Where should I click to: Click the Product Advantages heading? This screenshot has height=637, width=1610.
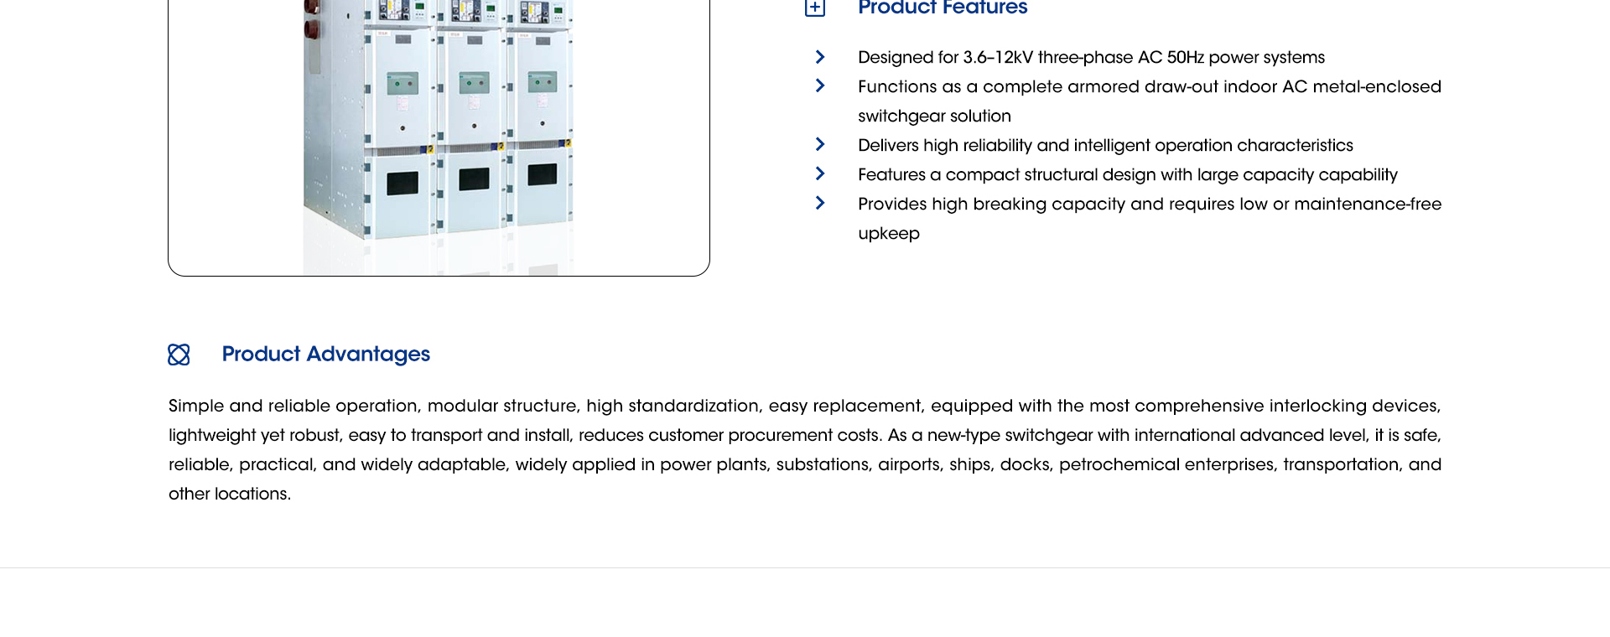pos(326,355)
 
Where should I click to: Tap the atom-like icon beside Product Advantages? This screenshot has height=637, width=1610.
pos(179,355)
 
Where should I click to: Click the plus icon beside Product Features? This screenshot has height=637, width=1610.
pos(815,8)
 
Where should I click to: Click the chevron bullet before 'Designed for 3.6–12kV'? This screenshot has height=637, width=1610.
pos(820,57)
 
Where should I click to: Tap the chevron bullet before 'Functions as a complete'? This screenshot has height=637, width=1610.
pos(820,85)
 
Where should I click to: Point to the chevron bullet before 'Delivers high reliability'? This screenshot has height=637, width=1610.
pos(820,144)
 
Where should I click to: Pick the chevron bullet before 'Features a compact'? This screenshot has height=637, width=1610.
pos(820,173)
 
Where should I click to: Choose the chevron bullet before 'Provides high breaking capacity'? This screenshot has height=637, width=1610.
pos(820,203)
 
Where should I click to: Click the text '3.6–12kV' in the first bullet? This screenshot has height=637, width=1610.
pos(998,58)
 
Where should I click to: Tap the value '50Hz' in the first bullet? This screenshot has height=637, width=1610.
pos(1185,58)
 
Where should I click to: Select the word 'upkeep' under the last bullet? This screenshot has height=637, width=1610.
pos(889,234)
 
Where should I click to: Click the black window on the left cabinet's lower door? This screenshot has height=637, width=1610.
pos(402,184)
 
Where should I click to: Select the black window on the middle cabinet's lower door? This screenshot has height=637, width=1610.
pos(474,179)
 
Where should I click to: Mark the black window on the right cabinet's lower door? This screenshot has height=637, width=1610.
pos(543,174)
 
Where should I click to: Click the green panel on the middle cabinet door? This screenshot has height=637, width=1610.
pos(474,83)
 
